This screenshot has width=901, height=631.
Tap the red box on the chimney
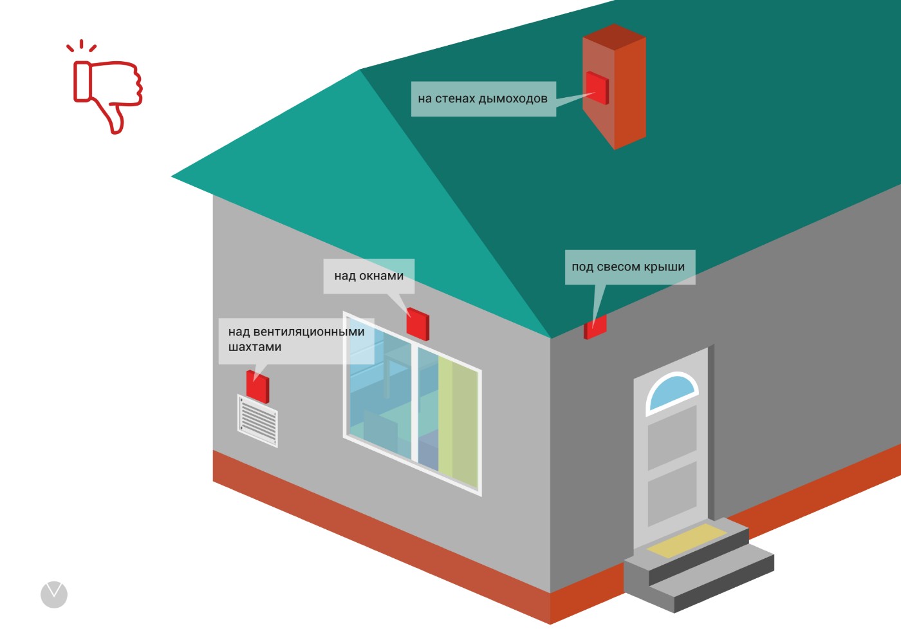click(x=597, y=88)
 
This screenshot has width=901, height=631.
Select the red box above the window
click(x=418, y=324)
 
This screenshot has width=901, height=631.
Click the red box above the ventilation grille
click(x=257, y=386)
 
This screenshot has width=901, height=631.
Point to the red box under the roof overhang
click(x=595, y=328)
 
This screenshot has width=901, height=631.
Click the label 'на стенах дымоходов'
click(x=483, y=99)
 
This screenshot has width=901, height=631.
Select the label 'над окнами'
click(x=369, y=276)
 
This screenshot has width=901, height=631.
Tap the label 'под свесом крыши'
click(x=628, y=267)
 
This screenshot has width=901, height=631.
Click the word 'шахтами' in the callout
click(x=255, y=347)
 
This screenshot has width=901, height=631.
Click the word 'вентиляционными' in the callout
click(x=309, y=332)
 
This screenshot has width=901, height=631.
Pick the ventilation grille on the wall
click(x=257, y=421)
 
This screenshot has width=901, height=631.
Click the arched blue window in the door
click(x=672, y=391)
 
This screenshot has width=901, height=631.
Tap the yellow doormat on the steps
click(x=687, y=540)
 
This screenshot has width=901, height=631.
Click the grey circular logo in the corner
click(x=54, y=594)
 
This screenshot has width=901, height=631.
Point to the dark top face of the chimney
click(x=614, y=37)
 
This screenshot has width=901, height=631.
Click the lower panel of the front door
click(x=672, y=494)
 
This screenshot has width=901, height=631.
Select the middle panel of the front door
click(x=672, y=438)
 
